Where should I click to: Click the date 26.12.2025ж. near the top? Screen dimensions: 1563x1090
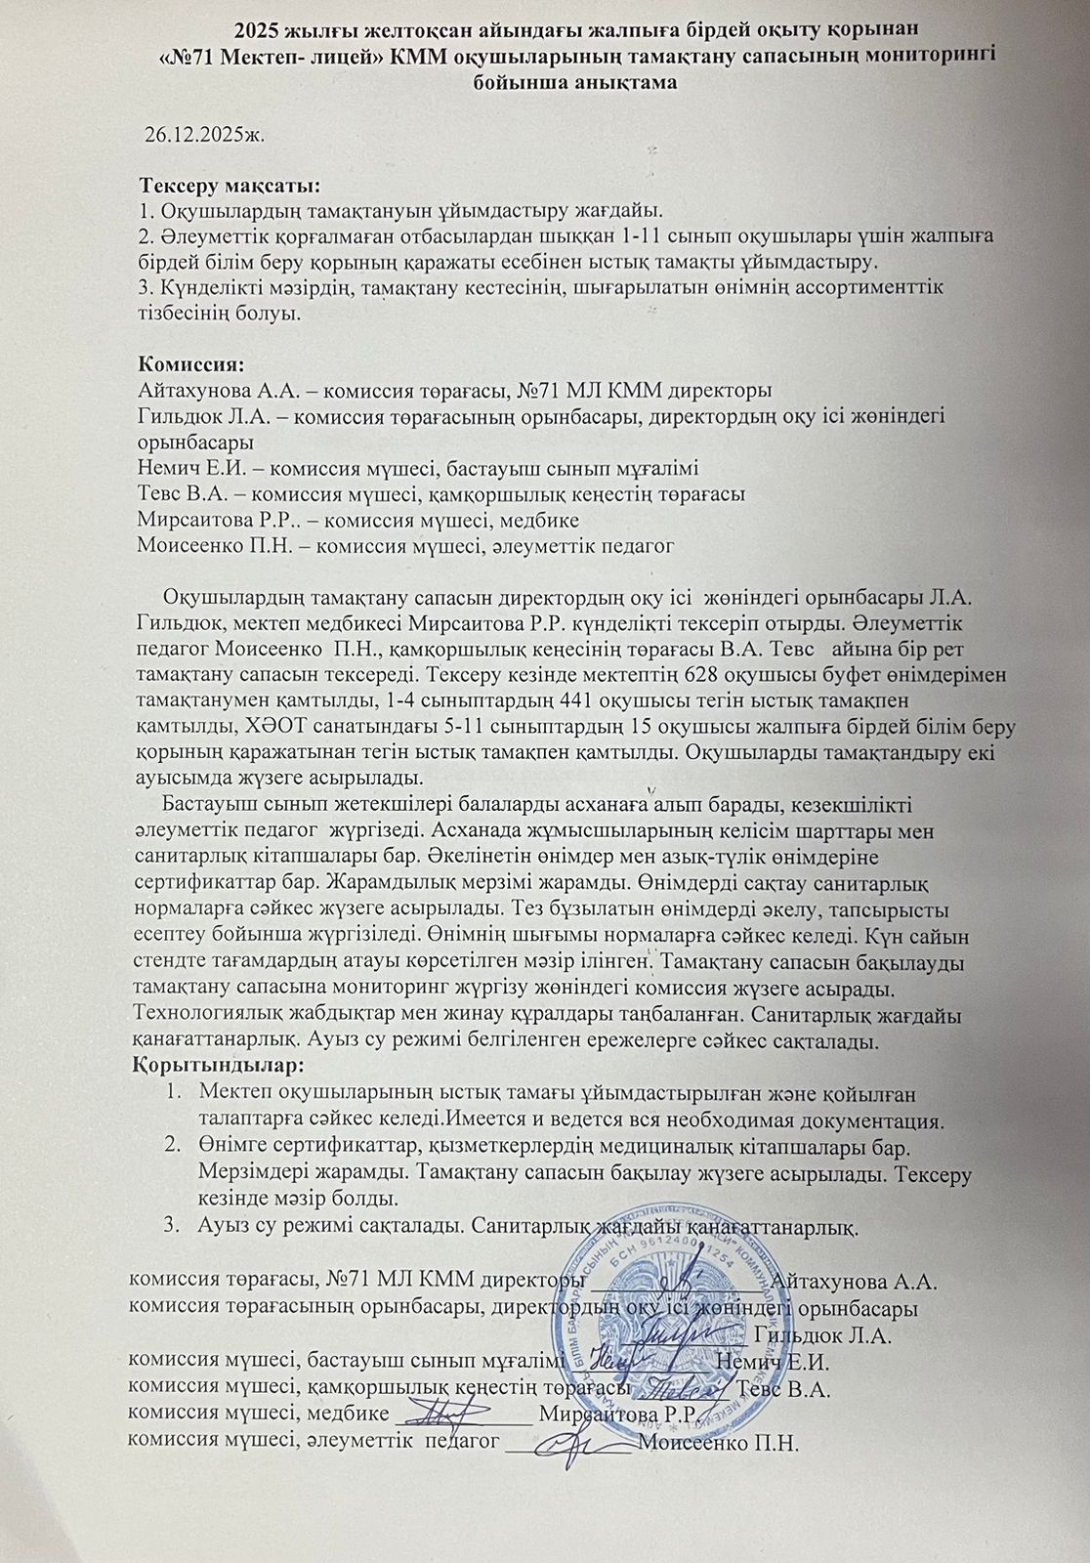(205, 134)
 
